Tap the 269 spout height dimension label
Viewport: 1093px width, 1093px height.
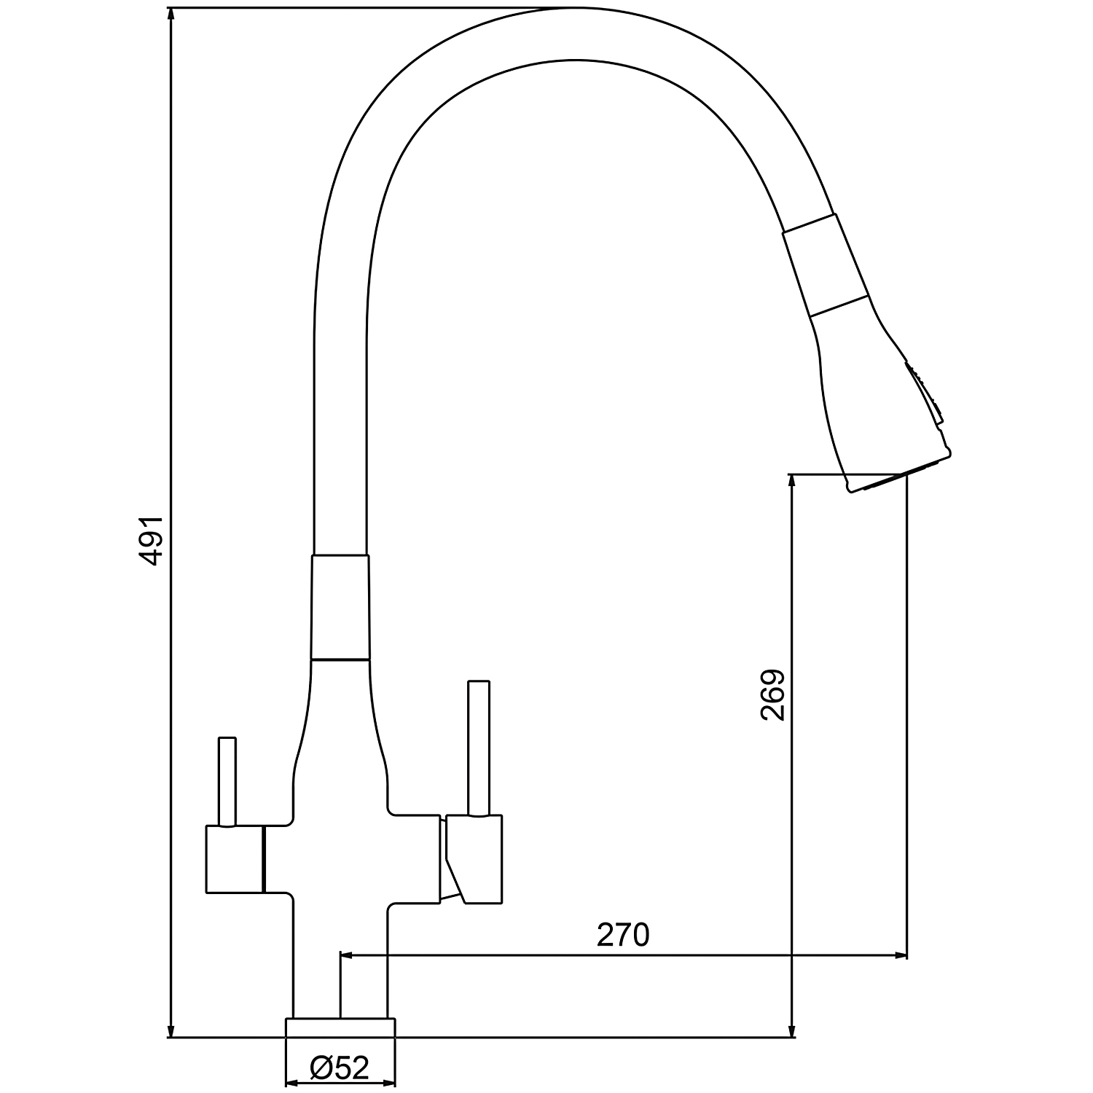tap(772, 695)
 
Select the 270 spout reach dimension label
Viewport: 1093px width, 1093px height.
tap(623, 935)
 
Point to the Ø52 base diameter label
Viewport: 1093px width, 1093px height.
tap(340, 1068)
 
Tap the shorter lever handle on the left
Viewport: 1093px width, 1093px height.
tap(227, 782)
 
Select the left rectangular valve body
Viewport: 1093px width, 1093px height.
tap(234, 860)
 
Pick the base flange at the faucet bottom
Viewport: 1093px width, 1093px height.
tap(340, 1026)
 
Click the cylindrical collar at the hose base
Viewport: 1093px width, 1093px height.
tap(340, 608)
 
